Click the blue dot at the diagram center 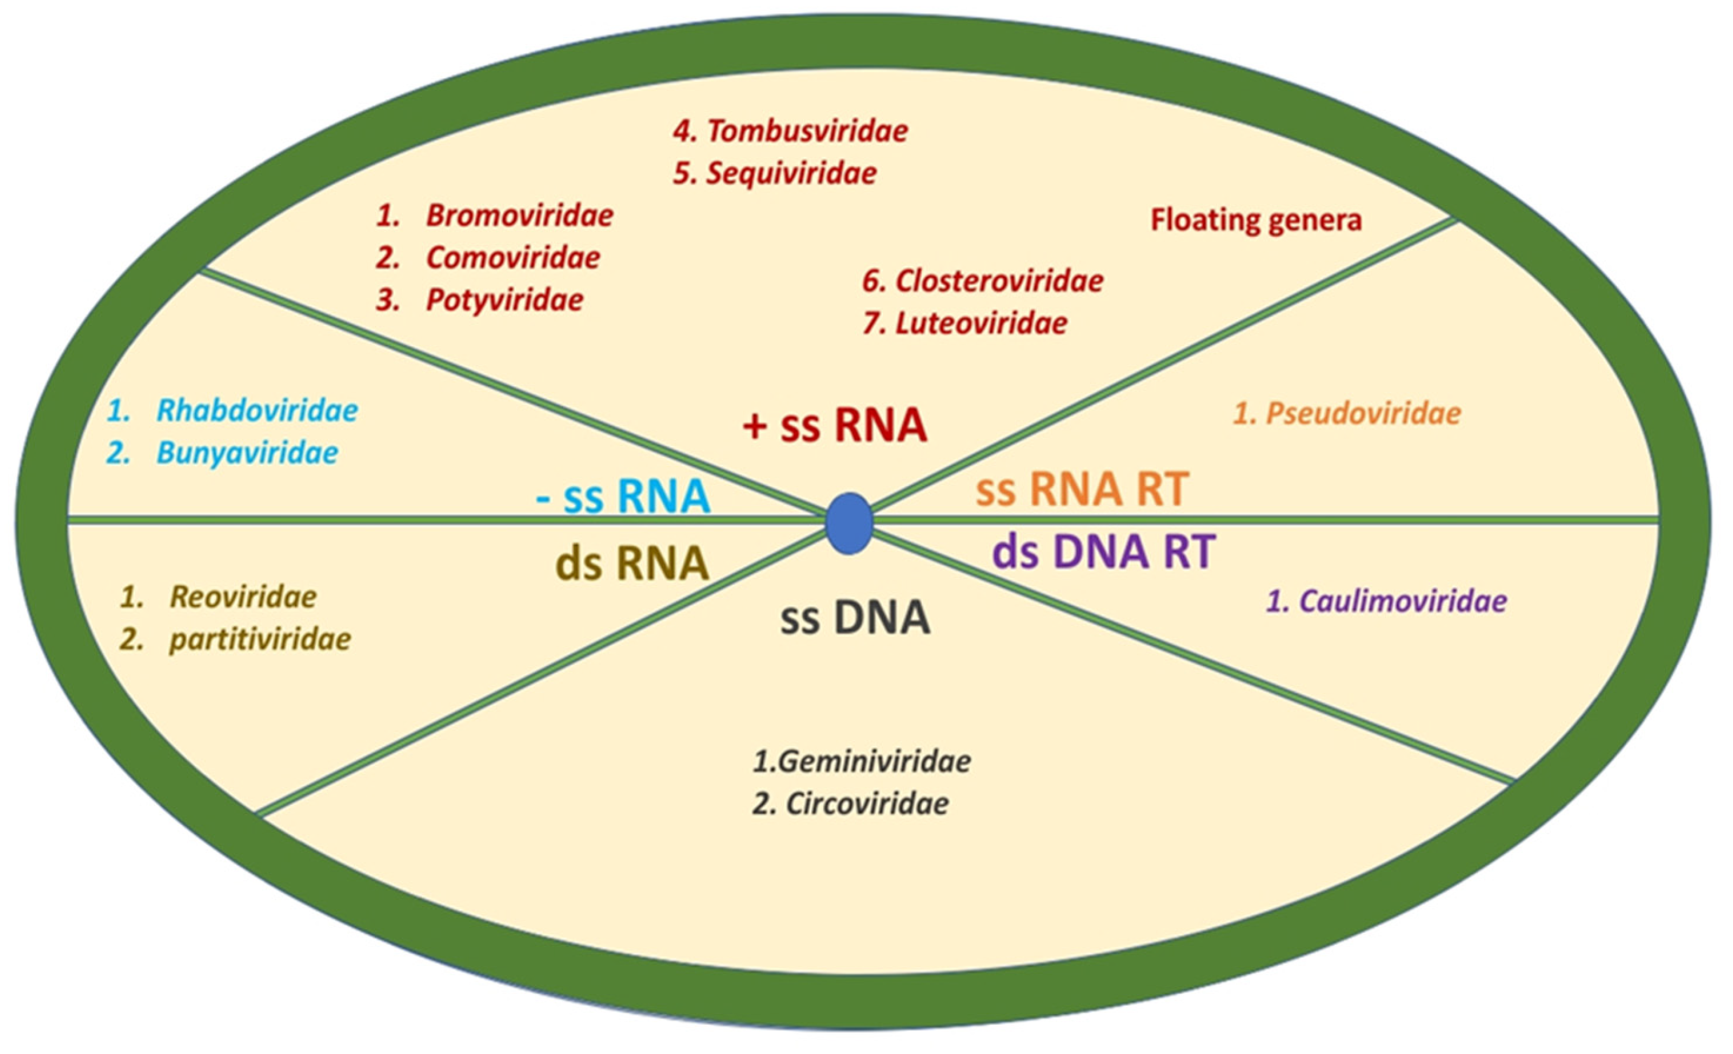coord(849,523)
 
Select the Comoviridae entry coord(512,258)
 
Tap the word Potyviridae coord(504,301)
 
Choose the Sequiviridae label coord(791,174)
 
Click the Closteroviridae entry coord(999,281)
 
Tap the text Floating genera coord(1256,220)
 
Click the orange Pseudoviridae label coord(1363,414)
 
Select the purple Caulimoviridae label coord(1402,601)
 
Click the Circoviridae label coord(866,803)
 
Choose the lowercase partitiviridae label coord(259,640)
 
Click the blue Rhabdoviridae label coord(257,410)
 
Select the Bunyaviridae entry coord(247,453)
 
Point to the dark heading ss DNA coord(855,619)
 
